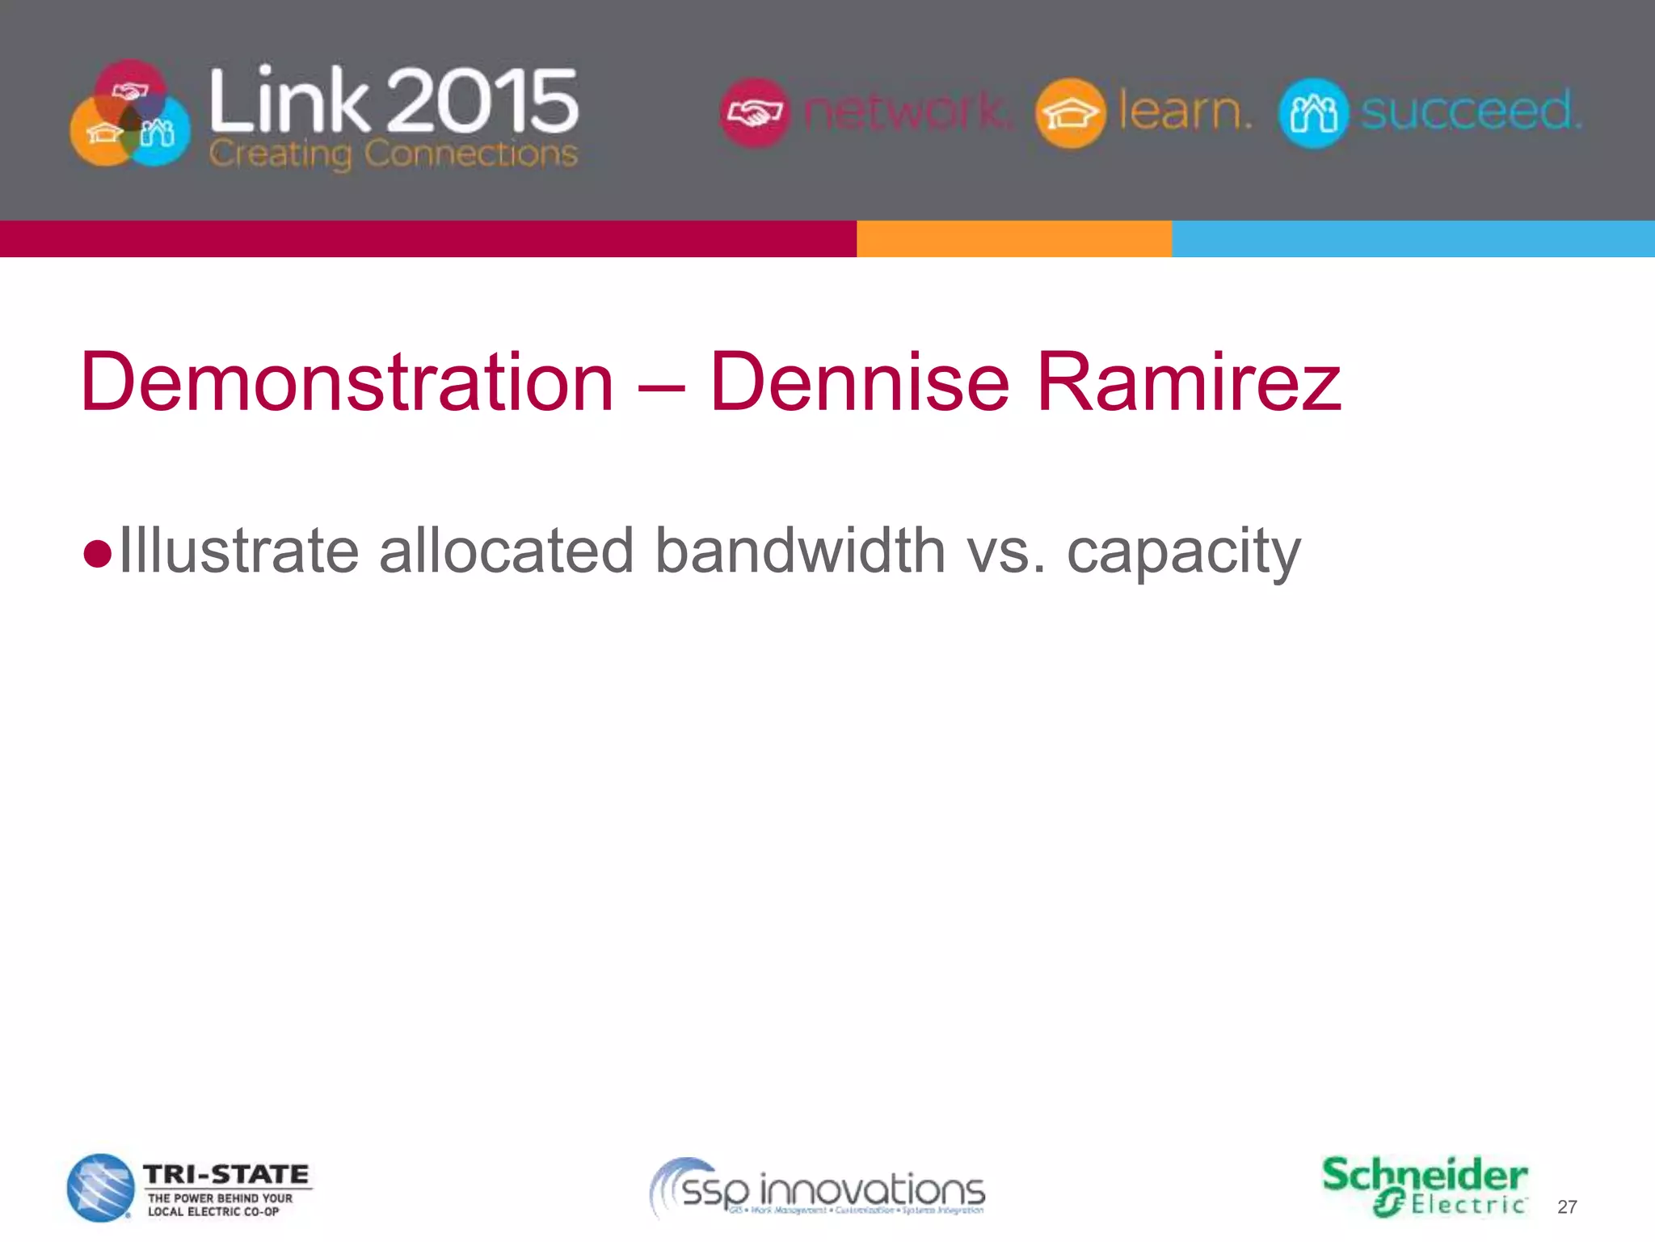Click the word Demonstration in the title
pos(347,382)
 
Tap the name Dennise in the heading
pos(859,382)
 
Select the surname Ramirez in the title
pos(1188,382)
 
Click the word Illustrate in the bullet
pos(239,551)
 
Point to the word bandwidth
pos(799,551)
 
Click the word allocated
pos(506,551)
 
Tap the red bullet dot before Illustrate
pos(97,555)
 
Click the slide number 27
pos(1567,1207)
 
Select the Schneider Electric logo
pos(1425,1186)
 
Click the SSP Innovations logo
pos(818,1189)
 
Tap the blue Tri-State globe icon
pos(100,1188)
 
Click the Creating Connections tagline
pos(394,154)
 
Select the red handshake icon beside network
pos(754,112)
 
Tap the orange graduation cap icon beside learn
pos(1070,113)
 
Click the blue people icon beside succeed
pos(1313,113)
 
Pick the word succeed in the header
pos(1471,111)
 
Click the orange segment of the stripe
pos(1014,239)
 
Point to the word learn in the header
pos(1185,111)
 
